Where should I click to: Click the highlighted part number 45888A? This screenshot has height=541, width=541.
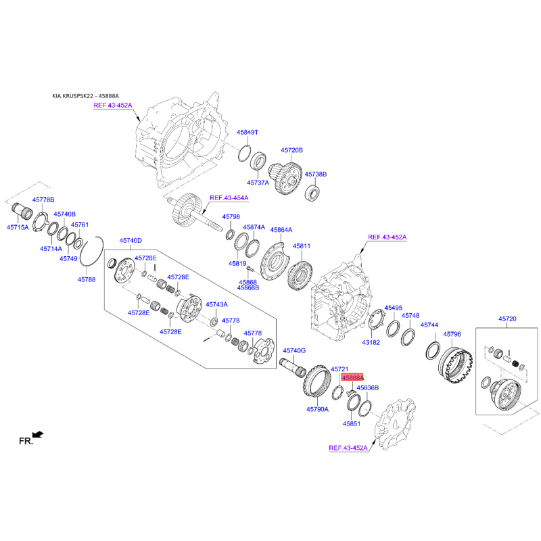click(x=352, y=378)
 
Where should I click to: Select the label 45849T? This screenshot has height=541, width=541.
click(x=248, y=132)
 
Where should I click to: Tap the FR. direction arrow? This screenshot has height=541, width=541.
click(x=38, y=435)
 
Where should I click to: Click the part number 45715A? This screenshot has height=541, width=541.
click(x=18, y=227)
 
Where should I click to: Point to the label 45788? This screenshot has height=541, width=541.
click(x=87, y=279)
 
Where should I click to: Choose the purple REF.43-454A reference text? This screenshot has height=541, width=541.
click(x=229, y=198)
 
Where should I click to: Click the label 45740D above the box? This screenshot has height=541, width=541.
click(x=131, y=241)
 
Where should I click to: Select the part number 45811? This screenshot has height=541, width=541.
click(x=302, y=246)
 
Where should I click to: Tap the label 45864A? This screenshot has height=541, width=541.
click(x=281, y=230)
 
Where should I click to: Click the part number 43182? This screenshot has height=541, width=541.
click(x=371, y=342)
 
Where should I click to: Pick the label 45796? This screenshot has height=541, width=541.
click(x=452, y=334)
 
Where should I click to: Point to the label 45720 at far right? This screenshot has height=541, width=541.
click(x=507, y=319)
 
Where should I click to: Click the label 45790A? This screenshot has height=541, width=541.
click(x=317, y=409)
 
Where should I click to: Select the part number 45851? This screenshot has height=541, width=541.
click(x=352, y=424)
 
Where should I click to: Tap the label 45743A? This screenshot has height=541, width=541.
click(x=216, y=305)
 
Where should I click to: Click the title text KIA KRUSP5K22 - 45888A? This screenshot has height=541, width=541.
click(x=86, y=96)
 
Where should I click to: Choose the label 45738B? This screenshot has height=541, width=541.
click(x=315, y=174)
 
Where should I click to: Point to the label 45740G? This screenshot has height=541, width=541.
click(x=294, y=350)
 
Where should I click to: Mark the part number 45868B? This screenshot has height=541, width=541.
click(x=248, y=288)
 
